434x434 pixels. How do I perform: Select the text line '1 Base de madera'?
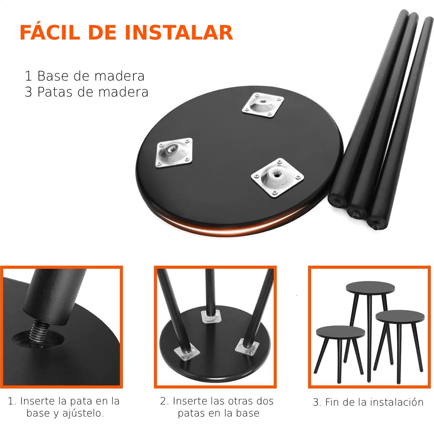coord(84,76)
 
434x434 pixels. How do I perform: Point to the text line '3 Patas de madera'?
coord(86,92)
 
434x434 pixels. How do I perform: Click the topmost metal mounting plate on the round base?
coord(263,105)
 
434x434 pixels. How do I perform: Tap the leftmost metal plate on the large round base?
coord(175,153)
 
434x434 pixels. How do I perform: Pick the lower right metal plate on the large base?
coord(277,178)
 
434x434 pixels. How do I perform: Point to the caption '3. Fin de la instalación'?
coord(368,402)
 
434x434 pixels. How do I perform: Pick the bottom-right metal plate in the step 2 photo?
coord(247,347)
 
